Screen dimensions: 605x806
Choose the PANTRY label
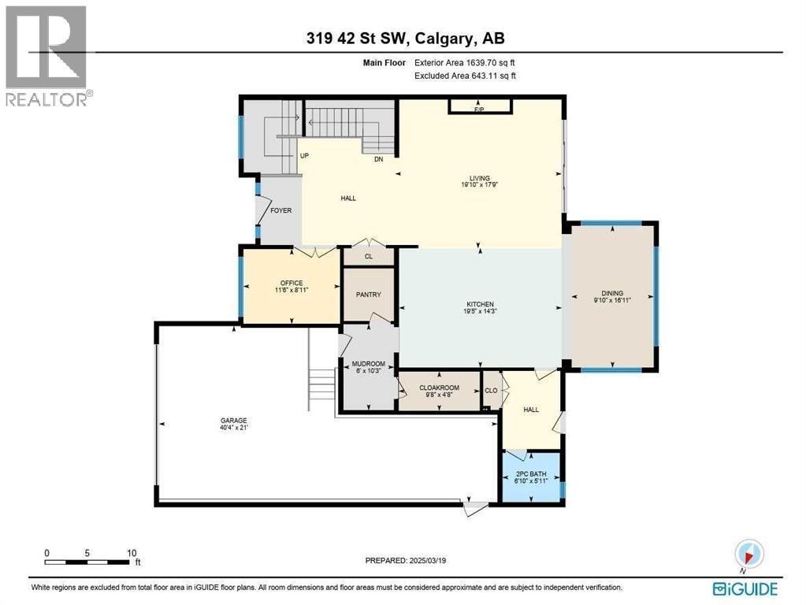[368, 295]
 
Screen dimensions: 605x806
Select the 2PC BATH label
[532, 475]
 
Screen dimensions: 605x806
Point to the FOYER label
[280, 210]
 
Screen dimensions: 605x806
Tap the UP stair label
[303, 156]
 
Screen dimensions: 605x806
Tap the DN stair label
[379, 159]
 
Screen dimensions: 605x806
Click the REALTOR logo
[46, 55]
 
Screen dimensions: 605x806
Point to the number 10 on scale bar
[132, 553]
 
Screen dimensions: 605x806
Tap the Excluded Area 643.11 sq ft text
[465, 76]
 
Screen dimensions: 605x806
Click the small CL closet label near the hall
[368, 256]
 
